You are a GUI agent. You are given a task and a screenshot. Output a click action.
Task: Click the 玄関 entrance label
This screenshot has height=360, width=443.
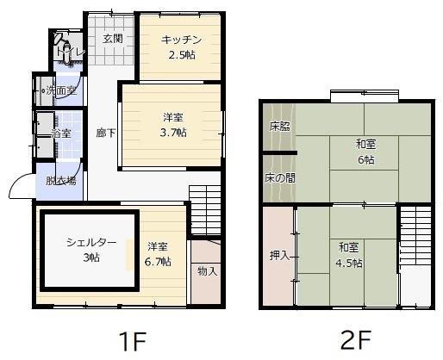click(112, 39)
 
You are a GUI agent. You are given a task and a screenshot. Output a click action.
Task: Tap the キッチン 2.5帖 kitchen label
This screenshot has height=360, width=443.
click(182, 47)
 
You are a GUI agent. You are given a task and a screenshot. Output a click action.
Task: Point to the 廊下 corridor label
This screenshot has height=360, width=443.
click(105, 133)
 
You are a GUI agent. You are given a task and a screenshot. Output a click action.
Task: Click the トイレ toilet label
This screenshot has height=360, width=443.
click(70, 53)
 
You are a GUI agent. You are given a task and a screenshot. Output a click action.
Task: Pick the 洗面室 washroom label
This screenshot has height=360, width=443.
click(60, 90)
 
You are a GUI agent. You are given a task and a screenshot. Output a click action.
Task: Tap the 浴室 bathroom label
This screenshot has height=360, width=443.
click(60, 133)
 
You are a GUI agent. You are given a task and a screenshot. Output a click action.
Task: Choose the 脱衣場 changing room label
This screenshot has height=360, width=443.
click(60, 181)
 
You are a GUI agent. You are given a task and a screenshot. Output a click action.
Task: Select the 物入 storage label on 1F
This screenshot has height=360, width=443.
click(207, 271)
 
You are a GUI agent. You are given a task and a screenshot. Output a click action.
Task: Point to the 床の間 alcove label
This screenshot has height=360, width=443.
click(279, 178)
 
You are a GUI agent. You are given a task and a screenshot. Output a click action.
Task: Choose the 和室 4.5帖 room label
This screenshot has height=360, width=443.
click(350, 256)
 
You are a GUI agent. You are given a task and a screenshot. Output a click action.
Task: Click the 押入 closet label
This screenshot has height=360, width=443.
click(279, 256)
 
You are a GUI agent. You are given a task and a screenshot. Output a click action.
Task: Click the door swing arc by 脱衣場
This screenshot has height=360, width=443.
click(19, 185)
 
